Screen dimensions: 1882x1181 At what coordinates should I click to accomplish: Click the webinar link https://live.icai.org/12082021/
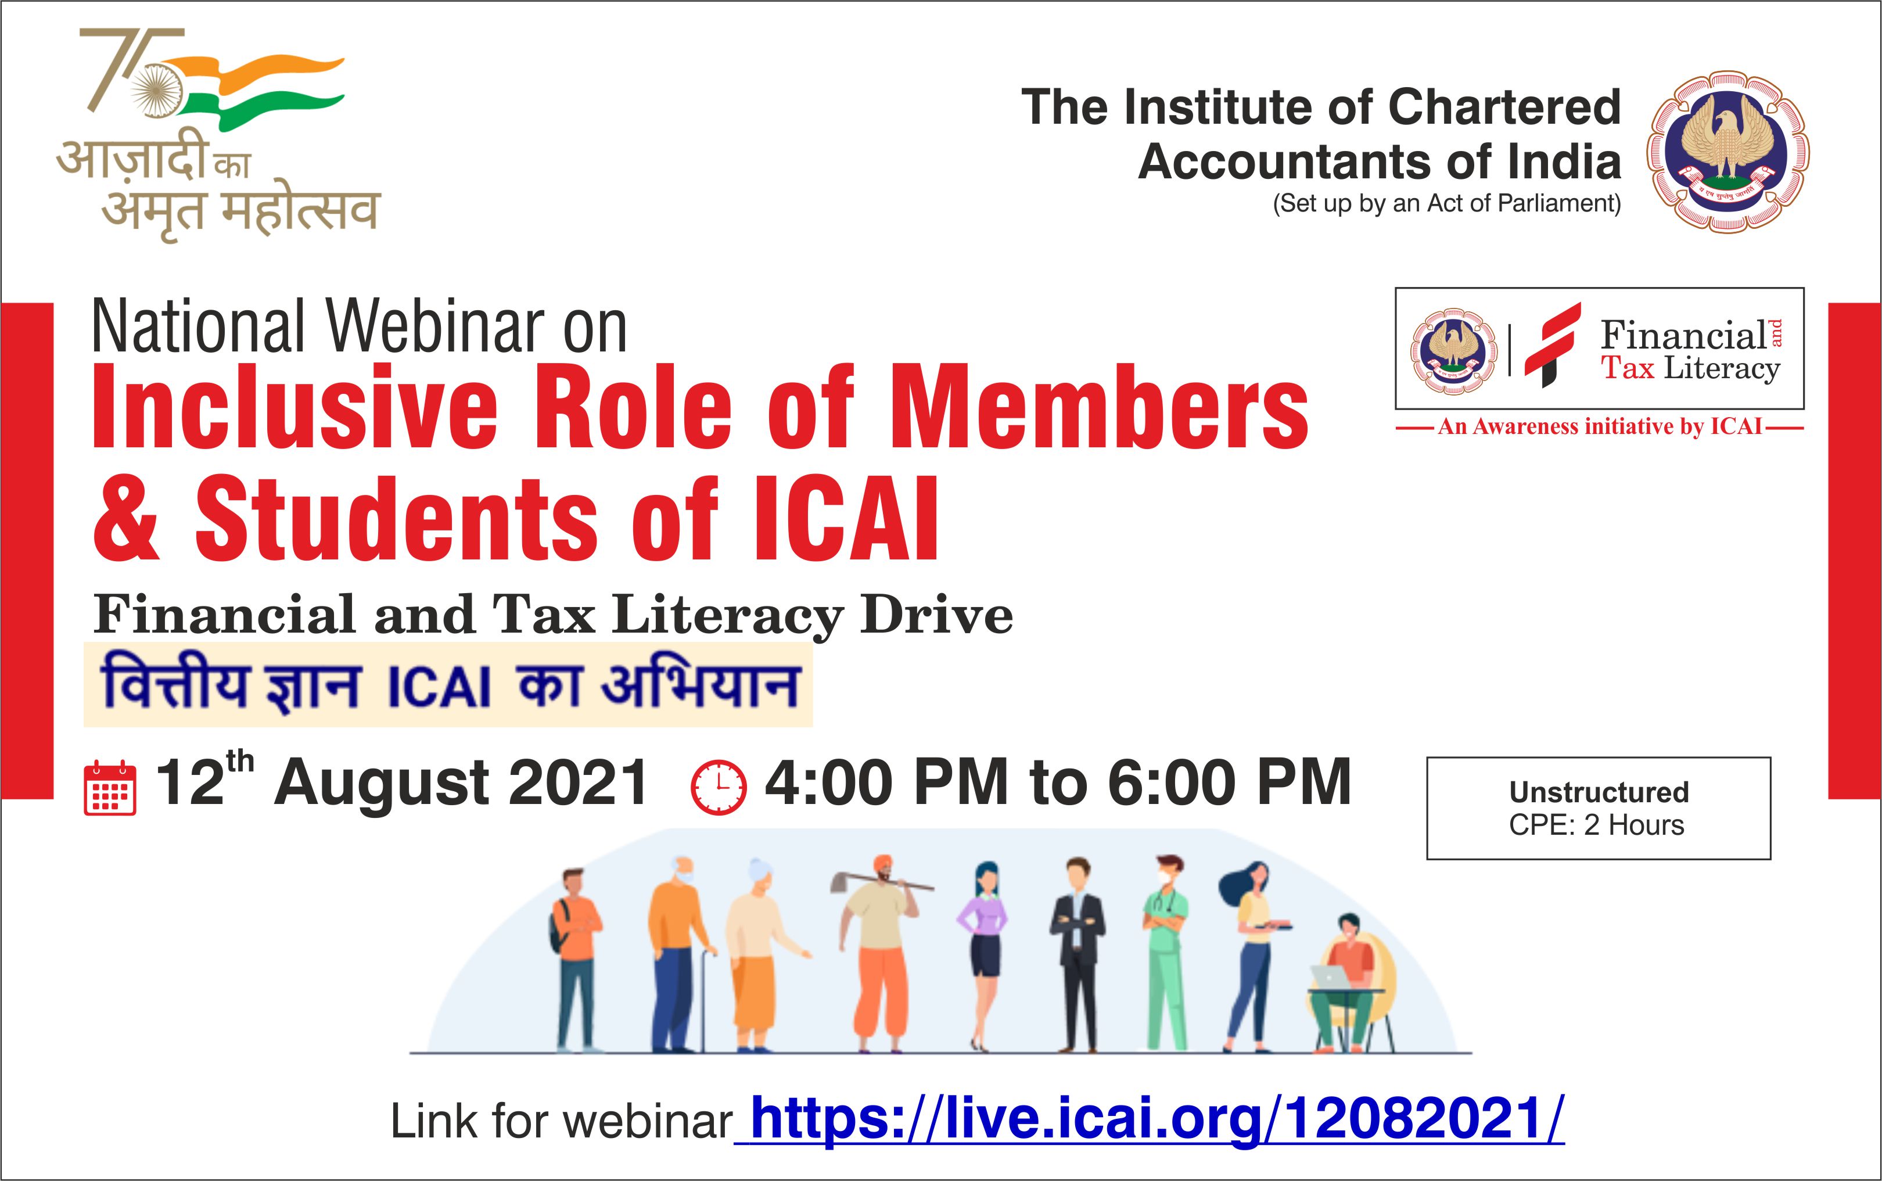click(x=1150, y=1119)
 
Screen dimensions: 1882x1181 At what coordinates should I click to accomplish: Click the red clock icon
click(x=719, y=787)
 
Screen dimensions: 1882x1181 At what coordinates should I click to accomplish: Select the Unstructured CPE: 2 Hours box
click(x=1599, y=809)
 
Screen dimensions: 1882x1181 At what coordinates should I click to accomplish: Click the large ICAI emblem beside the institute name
click(x=1728, y=152)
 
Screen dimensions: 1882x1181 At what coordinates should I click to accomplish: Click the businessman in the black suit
click(x=1077, y=954)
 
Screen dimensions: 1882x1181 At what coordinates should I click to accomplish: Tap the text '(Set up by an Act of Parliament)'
click(x=1447, y=204)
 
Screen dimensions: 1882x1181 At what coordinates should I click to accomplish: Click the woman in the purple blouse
click(x=983, y=957)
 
